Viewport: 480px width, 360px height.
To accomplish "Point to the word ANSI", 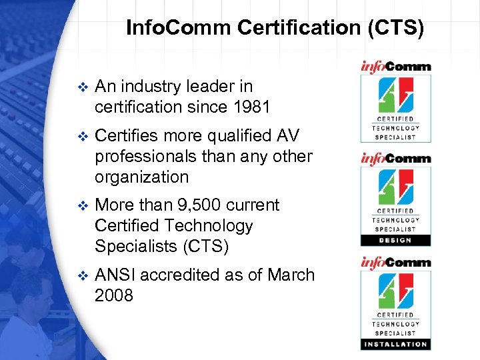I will pyautogui.click(x=115, y=275).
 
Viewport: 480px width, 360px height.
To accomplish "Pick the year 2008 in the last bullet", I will pyautogui.click(x=114, y=296).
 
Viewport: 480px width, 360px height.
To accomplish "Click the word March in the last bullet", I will pyautogui.click(x=291, y=275).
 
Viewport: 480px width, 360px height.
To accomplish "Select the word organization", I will pyautogui.click(x=142, y=177).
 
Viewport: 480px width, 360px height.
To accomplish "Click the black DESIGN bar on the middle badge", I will pyautogui.click(x=395, y=241).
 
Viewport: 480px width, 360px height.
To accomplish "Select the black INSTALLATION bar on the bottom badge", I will pyautogui.click(x=395, y=344).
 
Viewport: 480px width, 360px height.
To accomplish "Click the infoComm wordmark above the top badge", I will pyautogui.click(x=395, y=67).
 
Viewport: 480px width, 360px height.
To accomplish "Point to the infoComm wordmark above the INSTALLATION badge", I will pyautogui.click(x=395, y=263).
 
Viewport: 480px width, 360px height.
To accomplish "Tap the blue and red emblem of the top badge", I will pyautogui.click(x=395, y=96).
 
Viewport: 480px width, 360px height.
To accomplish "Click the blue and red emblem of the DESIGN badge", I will pyautogui.click(x=395, y=189).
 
